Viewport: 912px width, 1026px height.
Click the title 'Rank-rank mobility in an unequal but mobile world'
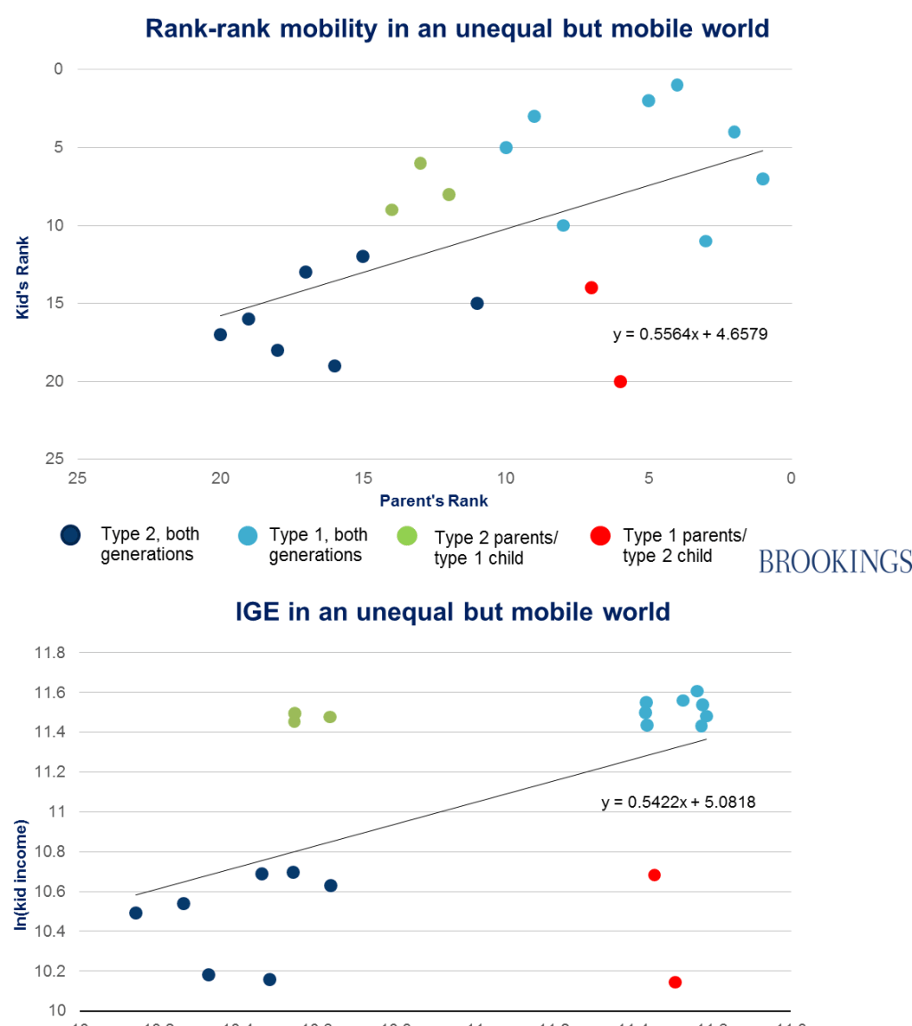[457, 28]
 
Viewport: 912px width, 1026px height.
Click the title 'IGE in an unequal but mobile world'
[452, 612]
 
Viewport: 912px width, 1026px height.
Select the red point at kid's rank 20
[620, 381]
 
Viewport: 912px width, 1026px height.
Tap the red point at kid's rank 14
[591, 288]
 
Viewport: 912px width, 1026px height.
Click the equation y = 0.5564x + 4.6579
[690, 335]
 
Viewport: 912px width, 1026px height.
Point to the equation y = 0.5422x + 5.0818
[679, 802]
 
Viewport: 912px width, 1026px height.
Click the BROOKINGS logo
[835, 561]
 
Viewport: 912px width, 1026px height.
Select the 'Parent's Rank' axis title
[434, 501]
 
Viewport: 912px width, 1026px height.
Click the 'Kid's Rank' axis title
[24, 278]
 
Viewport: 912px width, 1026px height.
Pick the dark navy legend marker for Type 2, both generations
[70, 535]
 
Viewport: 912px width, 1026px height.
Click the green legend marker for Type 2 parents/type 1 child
[407, 535]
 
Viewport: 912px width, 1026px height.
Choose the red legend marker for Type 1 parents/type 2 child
[600, 535]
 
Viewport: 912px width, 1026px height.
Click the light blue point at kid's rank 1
[677, 85]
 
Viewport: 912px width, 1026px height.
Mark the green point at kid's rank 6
[420, 163]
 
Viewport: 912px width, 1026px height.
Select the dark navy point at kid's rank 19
[335, 365]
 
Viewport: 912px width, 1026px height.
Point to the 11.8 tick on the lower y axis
[50, 653]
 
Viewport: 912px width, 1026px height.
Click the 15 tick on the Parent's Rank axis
[362, 478]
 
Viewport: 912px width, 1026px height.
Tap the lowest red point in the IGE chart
[675, 982]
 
